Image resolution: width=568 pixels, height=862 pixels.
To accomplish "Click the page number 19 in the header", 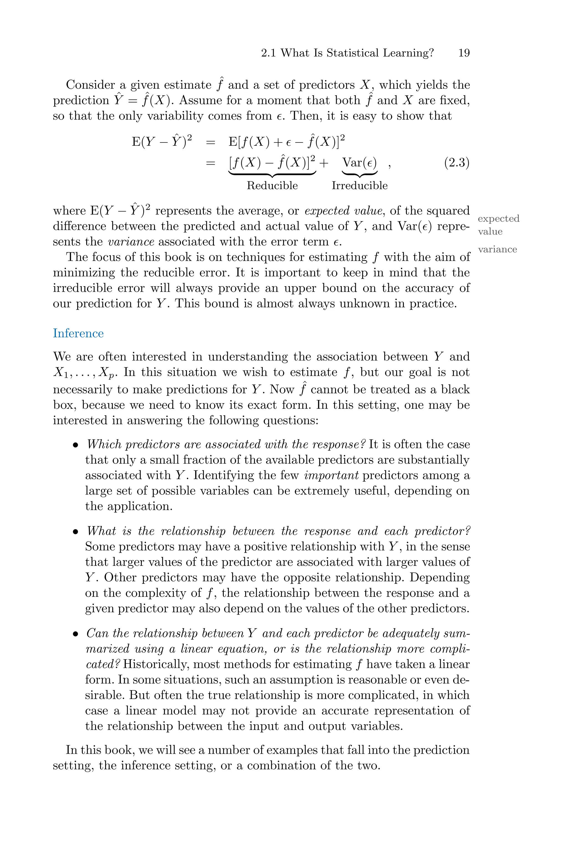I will tap(464, 53).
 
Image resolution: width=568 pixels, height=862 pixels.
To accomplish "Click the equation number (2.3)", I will tap(457, 162).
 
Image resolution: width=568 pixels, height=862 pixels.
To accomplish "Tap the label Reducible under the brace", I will tap(272, 186).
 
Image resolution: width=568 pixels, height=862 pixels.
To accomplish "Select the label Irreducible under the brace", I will tap(359, 186).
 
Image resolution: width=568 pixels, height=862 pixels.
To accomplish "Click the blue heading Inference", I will tap(78, 333).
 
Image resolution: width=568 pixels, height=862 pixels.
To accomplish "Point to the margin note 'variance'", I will tap(497, 249).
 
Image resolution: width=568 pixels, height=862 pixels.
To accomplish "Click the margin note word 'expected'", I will tap(498, 218).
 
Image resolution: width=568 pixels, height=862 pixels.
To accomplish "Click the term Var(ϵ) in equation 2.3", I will tap(359, 162).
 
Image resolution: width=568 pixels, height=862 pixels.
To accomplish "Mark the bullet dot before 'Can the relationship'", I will tap(75, 634).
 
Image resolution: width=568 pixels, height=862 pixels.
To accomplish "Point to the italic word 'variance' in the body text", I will tap(131, 242).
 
